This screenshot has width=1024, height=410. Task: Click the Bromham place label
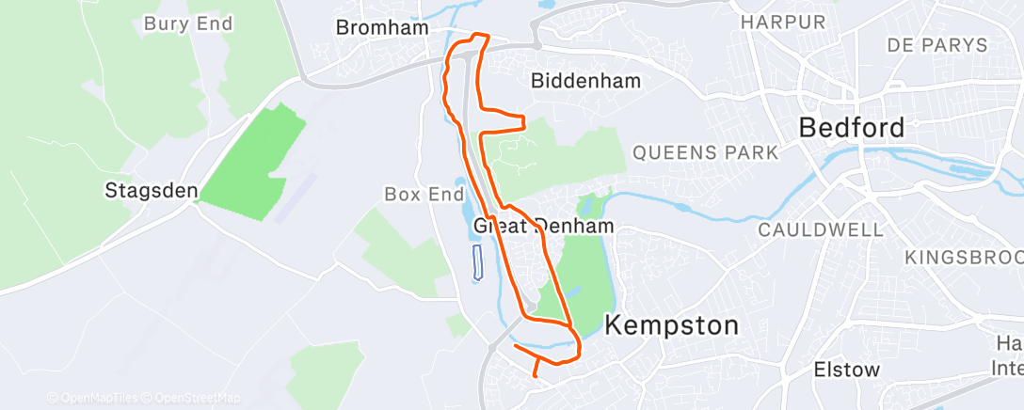click(382, 28)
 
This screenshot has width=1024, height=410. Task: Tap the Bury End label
click(187, 24)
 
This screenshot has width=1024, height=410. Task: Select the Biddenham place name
click(585, 81)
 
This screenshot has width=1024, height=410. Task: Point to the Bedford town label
click(852, 127)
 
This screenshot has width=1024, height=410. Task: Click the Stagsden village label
click(151, 192)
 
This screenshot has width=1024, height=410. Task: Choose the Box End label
click(419, 195)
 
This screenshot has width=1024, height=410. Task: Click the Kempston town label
click(671, 326)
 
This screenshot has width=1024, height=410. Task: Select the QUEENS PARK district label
click(706, 151)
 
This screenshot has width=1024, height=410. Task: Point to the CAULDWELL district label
click(821, 229)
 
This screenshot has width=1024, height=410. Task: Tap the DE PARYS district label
click(937, 45)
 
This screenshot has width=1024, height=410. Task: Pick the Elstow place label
click(846, 370)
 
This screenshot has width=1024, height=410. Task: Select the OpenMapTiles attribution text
click(94, 398)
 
